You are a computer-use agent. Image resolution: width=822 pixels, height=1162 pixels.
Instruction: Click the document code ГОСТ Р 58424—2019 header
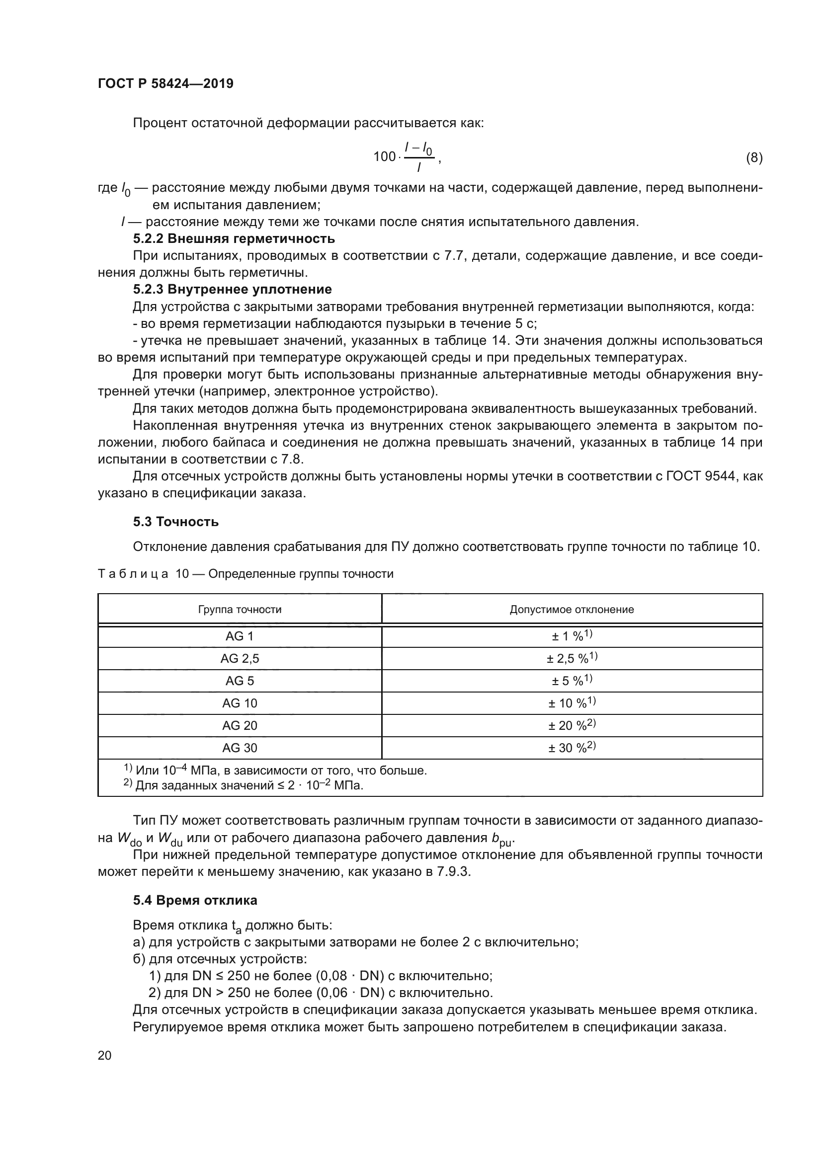[x=165, y=83]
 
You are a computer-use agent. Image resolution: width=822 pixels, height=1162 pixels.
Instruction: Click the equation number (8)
[x=754, y=158]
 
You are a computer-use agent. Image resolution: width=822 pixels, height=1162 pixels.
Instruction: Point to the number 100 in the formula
[x=384, y=157]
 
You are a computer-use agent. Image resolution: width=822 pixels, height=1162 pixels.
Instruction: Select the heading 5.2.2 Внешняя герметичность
[x=234, y=238]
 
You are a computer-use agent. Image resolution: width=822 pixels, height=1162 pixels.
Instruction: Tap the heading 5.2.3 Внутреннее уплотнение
[x=232, y=290]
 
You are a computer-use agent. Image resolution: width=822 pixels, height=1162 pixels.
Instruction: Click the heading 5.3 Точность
[x=175, y=522]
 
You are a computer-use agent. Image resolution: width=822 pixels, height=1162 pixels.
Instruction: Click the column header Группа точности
[x=240, y=610]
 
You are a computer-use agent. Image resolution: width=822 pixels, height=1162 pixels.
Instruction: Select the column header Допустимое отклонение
[x=572, y=610]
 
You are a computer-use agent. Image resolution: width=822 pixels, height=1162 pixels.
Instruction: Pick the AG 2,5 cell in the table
[x=240, y=658]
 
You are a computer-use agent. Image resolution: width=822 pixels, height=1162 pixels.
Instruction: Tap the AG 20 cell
[x=240, y=725]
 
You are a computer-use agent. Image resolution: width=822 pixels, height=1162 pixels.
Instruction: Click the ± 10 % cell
[x=572, y=703]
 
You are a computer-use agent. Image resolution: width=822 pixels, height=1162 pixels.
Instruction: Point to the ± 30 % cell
[x=572, y=748]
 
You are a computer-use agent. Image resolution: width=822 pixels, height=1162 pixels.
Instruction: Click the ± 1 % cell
[x=572, y=636]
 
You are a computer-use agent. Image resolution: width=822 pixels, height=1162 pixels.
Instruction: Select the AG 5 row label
[x=240, y=681]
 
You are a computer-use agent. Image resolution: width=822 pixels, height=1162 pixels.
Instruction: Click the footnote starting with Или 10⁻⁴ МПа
[x=276, y=771]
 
